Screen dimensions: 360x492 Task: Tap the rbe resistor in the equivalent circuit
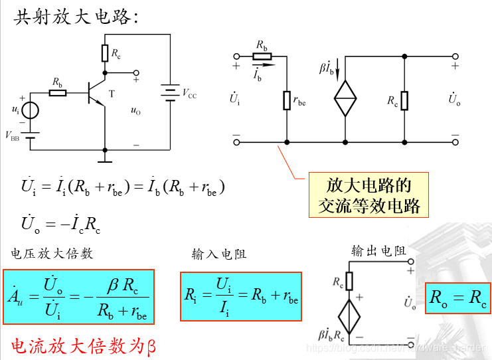click(x=287, y=100)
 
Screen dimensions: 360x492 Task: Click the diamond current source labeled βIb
click(x=345, y=98)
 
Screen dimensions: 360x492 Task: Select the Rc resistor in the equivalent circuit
click(x=404, y=100)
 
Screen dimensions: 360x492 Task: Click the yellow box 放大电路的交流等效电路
click(x=369, y=196)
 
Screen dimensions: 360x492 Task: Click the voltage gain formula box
click(x=78, y=296)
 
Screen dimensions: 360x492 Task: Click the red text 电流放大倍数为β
click(x=83, y=345)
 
